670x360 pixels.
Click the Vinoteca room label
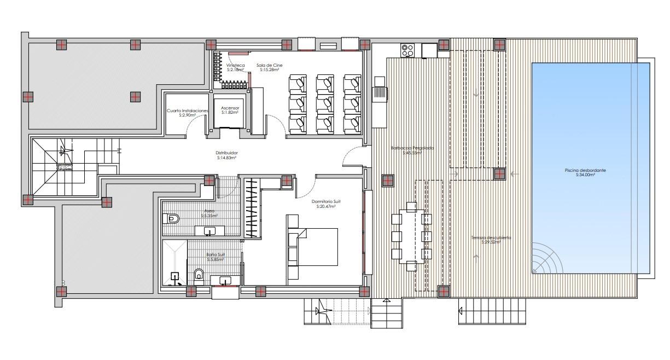(236, 65)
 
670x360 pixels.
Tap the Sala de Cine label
(269, 65)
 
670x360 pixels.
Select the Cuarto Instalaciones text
(188, 111)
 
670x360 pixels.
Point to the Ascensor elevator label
(230, 108)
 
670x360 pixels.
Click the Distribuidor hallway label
(226, 153)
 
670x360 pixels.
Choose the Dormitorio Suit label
(323, 201)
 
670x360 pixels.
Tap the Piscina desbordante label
(585, 170)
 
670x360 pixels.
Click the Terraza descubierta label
(491, 237)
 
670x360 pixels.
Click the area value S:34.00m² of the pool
(585, 175)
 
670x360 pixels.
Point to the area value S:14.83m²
(226, 158)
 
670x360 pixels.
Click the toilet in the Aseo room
(171, 219)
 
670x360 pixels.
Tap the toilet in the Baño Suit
(199, 274)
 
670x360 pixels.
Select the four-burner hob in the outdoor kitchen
(407, 50)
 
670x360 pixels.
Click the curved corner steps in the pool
(547, 260)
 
